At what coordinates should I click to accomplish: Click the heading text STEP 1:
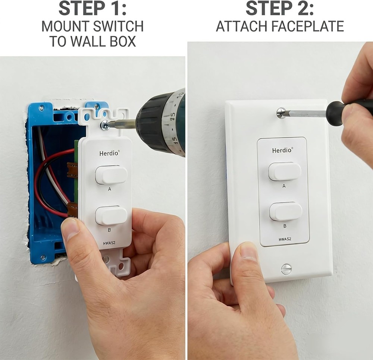(x=93, y=9)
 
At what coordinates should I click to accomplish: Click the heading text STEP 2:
(x=280, y=9)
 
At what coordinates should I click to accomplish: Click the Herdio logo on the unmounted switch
(x=109, y=153)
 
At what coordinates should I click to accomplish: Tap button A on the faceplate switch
(x=285, y=171)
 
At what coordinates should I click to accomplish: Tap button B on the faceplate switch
(x=286, y=211)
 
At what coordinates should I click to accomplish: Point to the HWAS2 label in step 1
(x=109, y=243)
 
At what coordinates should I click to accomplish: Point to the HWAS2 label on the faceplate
(x=285, y=239)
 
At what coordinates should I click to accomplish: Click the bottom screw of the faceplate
(x=286, y=269)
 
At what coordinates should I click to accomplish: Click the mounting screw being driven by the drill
(x=105, y=125)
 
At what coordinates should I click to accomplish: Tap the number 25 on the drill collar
(x=173, y=116)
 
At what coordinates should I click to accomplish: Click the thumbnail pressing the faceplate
(x=248, y=252)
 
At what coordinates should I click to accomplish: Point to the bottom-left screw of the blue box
(x=43, y=258)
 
